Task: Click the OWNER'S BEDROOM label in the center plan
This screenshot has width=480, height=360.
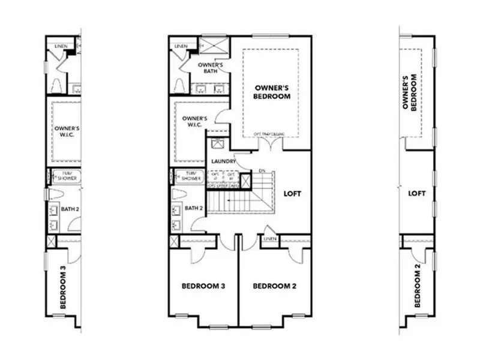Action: (272, 91)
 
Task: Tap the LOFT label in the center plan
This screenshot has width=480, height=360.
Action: (292, 194)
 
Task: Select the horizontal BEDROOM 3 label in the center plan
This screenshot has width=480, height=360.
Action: (203, 286)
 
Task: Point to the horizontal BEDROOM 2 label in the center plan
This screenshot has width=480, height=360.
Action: (274, 286)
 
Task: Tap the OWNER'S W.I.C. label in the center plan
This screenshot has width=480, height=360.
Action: (194, 122)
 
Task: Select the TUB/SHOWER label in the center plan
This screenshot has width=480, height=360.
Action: (191, 176)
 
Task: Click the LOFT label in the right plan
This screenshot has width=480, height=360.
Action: (416, 194)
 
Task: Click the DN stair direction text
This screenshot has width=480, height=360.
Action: (261, 171)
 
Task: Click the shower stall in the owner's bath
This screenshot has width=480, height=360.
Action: (211, 45)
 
